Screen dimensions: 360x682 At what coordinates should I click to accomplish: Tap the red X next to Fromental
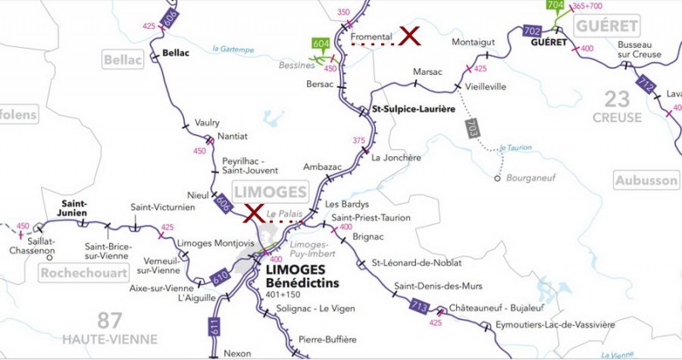pyautogui.click(x=411, y=36)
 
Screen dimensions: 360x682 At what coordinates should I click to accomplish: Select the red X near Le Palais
pyautogui.click(x=252, y=213)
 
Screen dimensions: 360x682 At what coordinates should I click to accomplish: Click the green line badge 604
pyautogui.click(x=321, y=44)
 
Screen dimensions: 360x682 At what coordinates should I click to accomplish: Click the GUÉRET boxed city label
pyautogui.click(x=607, y=26)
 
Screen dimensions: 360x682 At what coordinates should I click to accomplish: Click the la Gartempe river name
pyautogui.click(x=233, y=49)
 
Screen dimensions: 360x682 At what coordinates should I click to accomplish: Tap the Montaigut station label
pyautogui.click(x=473, y=42)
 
